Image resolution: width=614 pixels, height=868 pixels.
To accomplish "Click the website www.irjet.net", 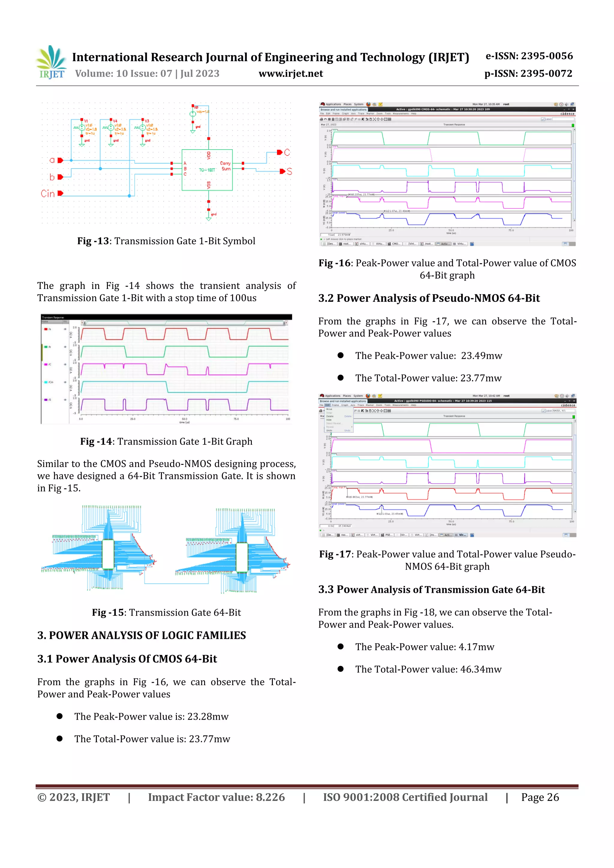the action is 291,73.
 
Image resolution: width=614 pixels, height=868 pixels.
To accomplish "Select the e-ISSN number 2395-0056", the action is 547,56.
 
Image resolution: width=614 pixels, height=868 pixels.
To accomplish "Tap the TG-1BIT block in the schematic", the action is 207,170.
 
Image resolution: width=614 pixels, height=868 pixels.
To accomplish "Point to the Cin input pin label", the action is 48,194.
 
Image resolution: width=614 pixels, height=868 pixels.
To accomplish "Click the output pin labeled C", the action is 280,152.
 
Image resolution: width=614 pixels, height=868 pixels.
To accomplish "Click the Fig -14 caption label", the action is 96,441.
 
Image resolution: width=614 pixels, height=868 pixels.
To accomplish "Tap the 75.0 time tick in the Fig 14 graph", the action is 236,419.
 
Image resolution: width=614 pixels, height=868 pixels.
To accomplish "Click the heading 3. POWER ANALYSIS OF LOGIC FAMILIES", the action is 142,635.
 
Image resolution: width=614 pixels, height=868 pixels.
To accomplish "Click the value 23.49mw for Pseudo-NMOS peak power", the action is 481,355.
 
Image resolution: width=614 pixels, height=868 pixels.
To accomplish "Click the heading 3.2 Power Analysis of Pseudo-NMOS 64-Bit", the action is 429,298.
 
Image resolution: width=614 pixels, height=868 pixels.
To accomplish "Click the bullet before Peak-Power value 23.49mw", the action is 341,355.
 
